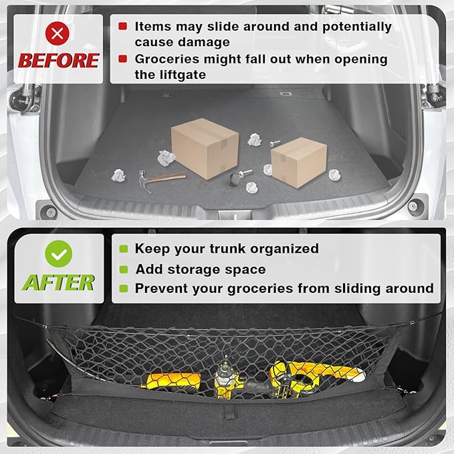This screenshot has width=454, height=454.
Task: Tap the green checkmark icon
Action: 58,254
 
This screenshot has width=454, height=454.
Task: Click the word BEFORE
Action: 58,61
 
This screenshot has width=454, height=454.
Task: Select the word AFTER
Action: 58,282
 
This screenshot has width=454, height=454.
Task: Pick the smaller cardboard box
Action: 298,161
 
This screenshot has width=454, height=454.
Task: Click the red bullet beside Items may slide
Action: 123,26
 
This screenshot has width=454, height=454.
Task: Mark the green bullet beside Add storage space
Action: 123,269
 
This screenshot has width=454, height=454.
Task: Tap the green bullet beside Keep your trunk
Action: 123,249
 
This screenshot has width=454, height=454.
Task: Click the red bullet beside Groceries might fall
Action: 123,59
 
